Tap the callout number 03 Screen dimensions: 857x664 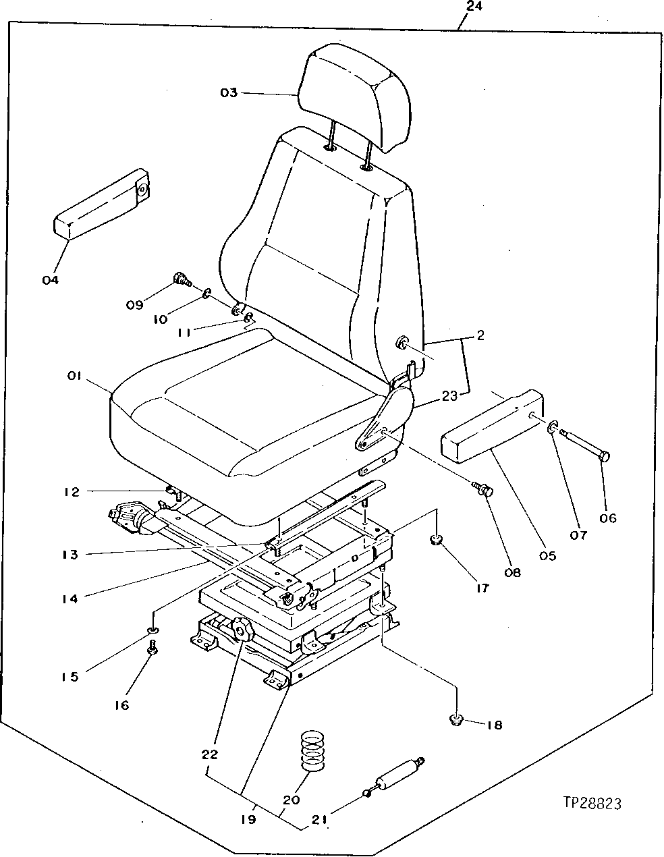[x=229, y=92]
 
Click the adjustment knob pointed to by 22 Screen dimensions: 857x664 [x=240, y=632]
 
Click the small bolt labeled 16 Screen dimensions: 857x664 [x=153, y=648]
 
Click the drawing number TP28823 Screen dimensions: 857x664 [x=591, y=803]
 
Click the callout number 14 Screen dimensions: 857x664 [x=70, y=598]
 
